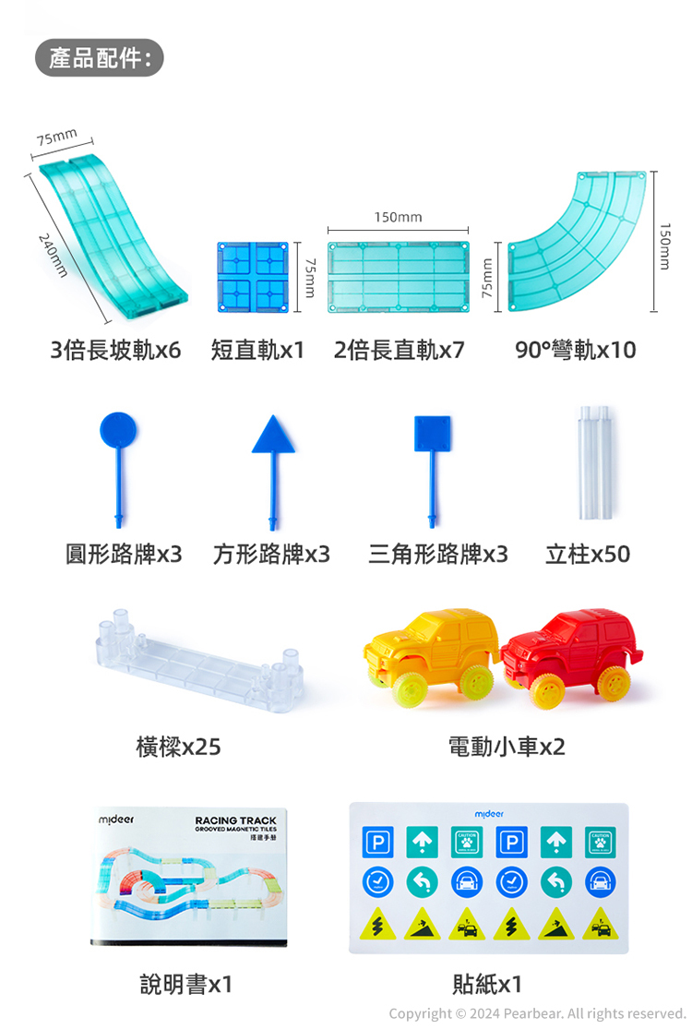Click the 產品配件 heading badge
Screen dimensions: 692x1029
pos(99,58)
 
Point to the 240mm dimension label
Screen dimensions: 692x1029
pos(54,255)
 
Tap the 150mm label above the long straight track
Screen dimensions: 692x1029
pos(398,217)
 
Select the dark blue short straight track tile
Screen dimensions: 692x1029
pos(253,274)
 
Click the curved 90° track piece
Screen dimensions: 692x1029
pos(576,245)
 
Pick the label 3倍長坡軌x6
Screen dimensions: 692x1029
pos(115,351)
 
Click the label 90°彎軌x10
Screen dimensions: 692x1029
pos(576,351)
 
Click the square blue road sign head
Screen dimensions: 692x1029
pos(433,433)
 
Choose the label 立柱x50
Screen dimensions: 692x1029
pos(588,554)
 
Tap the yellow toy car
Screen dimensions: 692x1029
pos(432,651)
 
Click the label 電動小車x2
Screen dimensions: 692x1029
pos(507,747)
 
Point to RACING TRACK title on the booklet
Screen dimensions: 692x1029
pos(236,820)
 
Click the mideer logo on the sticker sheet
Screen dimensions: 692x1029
pos(489,815)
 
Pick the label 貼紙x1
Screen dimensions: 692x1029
pos(487,984)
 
